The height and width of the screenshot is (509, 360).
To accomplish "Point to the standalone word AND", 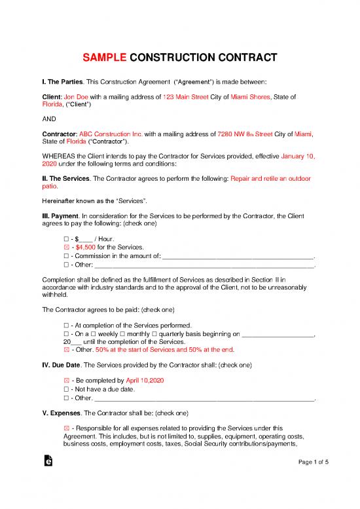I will [x=48, y=119].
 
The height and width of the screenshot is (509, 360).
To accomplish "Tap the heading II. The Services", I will [x=69, y=178].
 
